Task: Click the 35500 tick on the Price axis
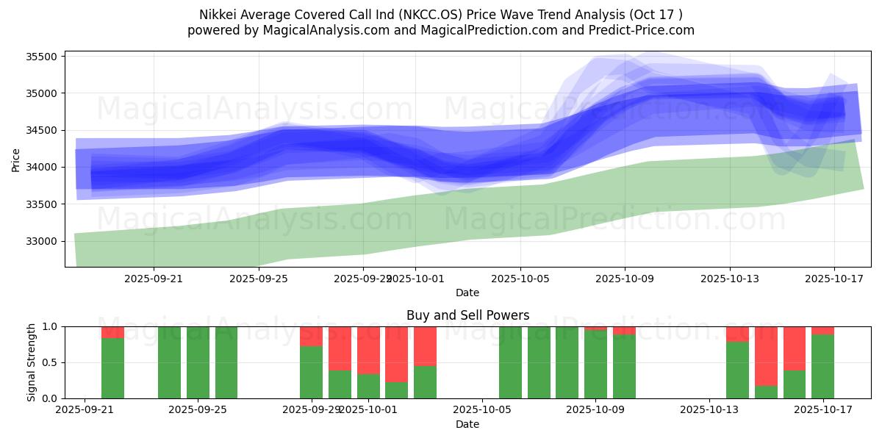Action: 46,57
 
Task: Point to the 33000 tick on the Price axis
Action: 46,241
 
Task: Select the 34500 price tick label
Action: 46,130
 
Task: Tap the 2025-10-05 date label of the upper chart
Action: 520,279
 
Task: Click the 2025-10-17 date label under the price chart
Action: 834,279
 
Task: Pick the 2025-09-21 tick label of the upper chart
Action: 154,279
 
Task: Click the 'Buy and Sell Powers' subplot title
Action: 467,315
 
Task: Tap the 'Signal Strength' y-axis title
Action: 31,362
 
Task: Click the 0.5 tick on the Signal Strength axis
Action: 50,362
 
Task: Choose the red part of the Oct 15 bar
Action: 766,355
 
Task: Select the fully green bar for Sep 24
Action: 169,362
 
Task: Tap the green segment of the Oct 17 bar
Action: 823,367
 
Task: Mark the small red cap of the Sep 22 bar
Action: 112,332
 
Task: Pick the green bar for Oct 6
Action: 510,362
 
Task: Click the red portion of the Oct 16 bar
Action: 795,348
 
